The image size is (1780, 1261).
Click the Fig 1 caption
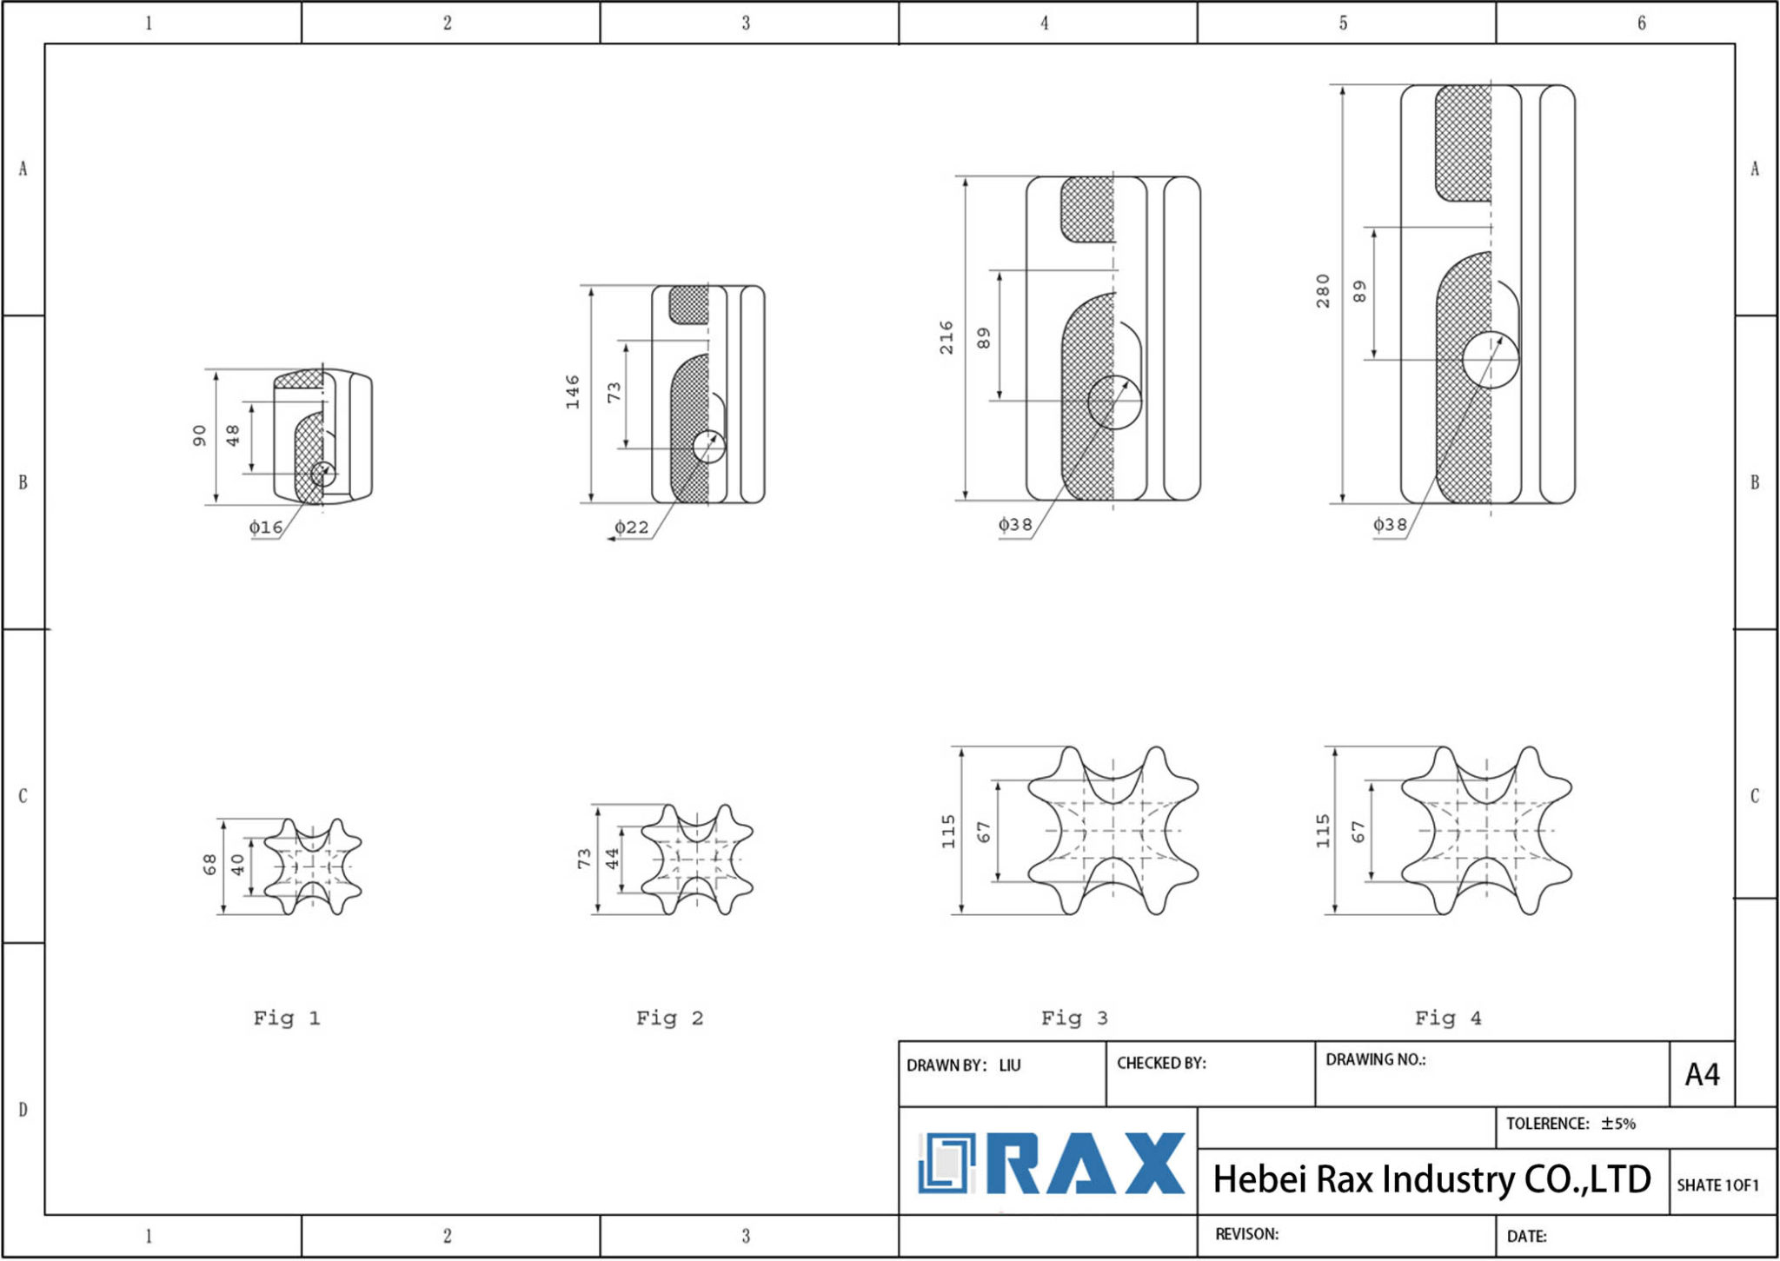pos(287,1018)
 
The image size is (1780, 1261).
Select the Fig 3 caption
pos(1074,1018)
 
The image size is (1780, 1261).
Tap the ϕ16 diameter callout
pos(266,527)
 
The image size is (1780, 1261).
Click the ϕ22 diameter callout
pos(632,527)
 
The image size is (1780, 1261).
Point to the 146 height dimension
pos(572,392)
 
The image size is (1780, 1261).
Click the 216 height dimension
pos(946,337)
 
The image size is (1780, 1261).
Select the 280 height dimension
pos(1322,291)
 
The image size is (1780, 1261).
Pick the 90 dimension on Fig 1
pos(199,435)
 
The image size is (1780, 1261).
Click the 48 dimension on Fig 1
pos(233,435)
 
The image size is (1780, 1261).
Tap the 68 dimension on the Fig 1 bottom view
pos(209,865)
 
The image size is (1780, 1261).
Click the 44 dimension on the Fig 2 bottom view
pos(612,859)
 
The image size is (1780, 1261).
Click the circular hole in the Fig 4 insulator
pos(1491,360)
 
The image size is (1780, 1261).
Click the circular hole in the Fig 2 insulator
pos(709,447)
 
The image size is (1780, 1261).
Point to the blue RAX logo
pos(1052,1163)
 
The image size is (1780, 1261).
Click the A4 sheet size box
pos(1702,1075)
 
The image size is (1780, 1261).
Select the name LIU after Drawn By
pos(1010,1065)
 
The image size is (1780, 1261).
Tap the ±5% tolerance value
pos(1618,1124)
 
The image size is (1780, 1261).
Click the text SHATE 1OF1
pos(1717,1185)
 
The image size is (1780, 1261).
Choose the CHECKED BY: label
pos(1161,1063)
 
